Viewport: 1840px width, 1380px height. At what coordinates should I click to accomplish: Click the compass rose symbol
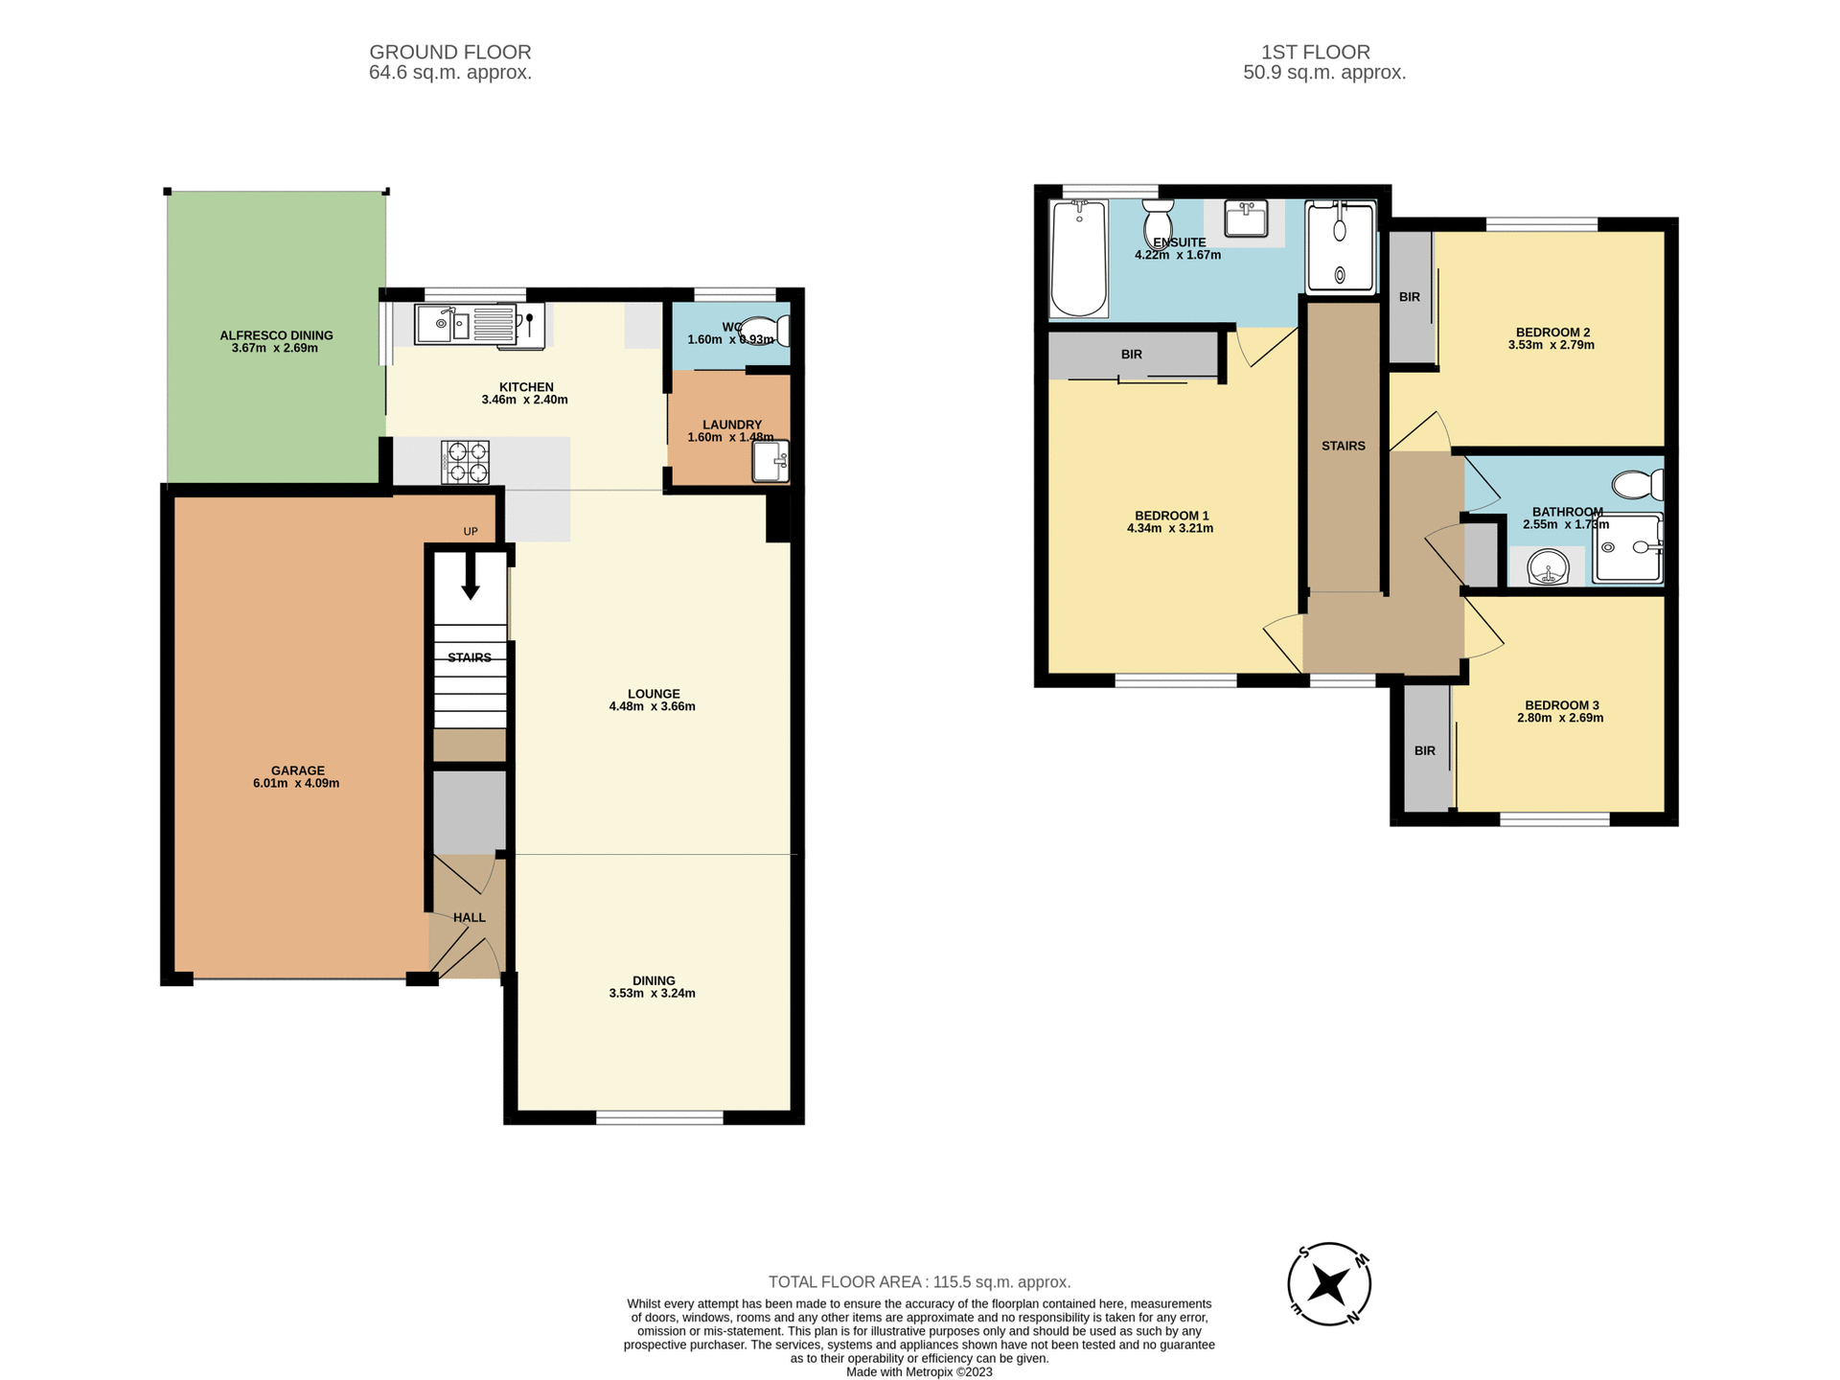(1328, 1284)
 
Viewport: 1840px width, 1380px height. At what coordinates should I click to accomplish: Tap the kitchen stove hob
(465, 462)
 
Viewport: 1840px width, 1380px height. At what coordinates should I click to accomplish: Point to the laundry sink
(770, 461)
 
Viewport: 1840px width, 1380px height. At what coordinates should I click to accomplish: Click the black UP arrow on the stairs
(470, 579)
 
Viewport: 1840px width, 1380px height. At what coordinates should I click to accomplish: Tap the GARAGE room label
(297, 770)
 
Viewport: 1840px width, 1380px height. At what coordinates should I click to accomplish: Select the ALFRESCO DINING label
(276, 335)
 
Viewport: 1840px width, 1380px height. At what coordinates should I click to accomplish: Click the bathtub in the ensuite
(1079, 258)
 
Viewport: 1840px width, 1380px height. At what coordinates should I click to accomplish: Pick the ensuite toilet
(1158, 222)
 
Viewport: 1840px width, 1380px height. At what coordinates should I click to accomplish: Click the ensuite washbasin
(1246, 218)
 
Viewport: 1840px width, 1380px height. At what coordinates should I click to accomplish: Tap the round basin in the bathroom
(1547, 568)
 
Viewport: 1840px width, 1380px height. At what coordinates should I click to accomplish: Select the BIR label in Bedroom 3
(1424, 750)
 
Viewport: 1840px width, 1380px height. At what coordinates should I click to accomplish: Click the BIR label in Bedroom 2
(1409, 297)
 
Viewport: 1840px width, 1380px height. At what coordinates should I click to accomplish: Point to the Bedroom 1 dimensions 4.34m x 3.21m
(1169, 529)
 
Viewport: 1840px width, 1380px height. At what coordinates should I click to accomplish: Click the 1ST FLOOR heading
(1315, 52)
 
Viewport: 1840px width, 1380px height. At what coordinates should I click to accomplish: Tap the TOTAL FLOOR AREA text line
(919, 1282)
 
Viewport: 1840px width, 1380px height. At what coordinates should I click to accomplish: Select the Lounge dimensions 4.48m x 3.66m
(652, 707)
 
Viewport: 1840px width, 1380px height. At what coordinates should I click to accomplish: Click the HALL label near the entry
(469, 917)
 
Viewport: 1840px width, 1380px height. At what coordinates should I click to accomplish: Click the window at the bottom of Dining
(659, 1117)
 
